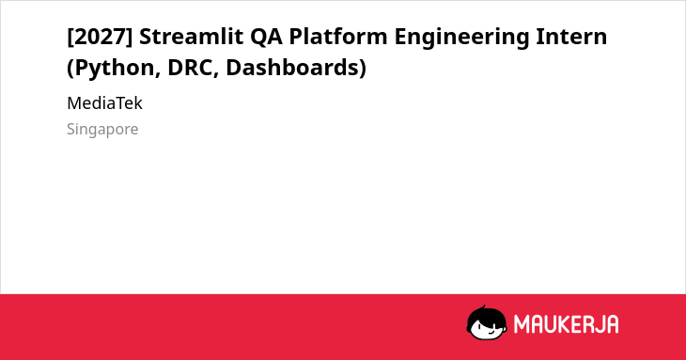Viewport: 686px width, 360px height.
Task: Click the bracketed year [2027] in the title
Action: click(x=100, y=37)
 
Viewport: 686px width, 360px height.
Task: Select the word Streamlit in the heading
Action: click(x=191, y=36)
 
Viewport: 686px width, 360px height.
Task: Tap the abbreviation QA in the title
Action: click(x=266, y=37)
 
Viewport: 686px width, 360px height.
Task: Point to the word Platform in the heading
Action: click(x=338, y=36)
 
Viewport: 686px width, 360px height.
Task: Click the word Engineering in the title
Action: click(x=461, y=38)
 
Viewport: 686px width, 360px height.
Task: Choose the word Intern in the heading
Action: click(x=571, y=37)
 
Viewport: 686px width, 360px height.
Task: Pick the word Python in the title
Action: click(x=117, y=68)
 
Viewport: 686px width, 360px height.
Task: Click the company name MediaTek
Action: click(x=104, y=103)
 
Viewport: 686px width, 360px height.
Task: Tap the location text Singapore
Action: click(x=102, y=130)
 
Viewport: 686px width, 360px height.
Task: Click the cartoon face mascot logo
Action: click(x=487, y=322)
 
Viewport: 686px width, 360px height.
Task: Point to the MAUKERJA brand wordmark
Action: click(x=566, y=324)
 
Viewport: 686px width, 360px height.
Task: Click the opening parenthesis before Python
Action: click(x=70, y=69)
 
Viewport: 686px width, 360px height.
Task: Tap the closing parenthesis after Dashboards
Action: click(x=363, y=69)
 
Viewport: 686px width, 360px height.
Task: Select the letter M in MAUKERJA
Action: click(x=522, y=324)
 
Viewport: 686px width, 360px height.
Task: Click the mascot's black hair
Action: click(x=486, y=314)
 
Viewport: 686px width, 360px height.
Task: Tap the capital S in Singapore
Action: click(x=71, y=129)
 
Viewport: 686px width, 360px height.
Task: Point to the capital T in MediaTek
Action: click(x=122, y=103)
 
